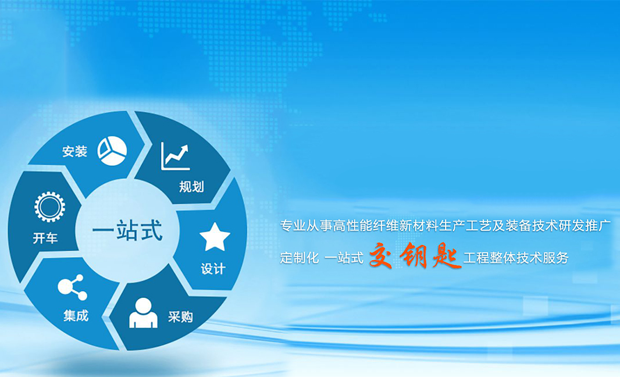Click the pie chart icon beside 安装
pos(112,151)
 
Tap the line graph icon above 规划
pos(175,157)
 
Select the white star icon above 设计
pos(215,237)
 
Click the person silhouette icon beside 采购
pos(143,313)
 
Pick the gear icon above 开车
pos(49,207)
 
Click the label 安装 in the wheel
pos(74,151)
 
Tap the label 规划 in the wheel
pos(191,186)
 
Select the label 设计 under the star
pos(213,269)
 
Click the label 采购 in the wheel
pos(180,317)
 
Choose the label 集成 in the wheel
pos(76,315)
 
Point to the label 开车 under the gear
pos(45,238)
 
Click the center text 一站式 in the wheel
pos(127,230)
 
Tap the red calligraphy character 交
pos(380,256)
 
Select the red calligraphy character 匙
pos(447,256)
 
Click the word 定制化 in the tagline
pos(300,258)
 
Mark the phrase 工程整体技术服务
pos(516,258)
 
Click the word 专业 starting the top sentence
pos(293,226)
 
